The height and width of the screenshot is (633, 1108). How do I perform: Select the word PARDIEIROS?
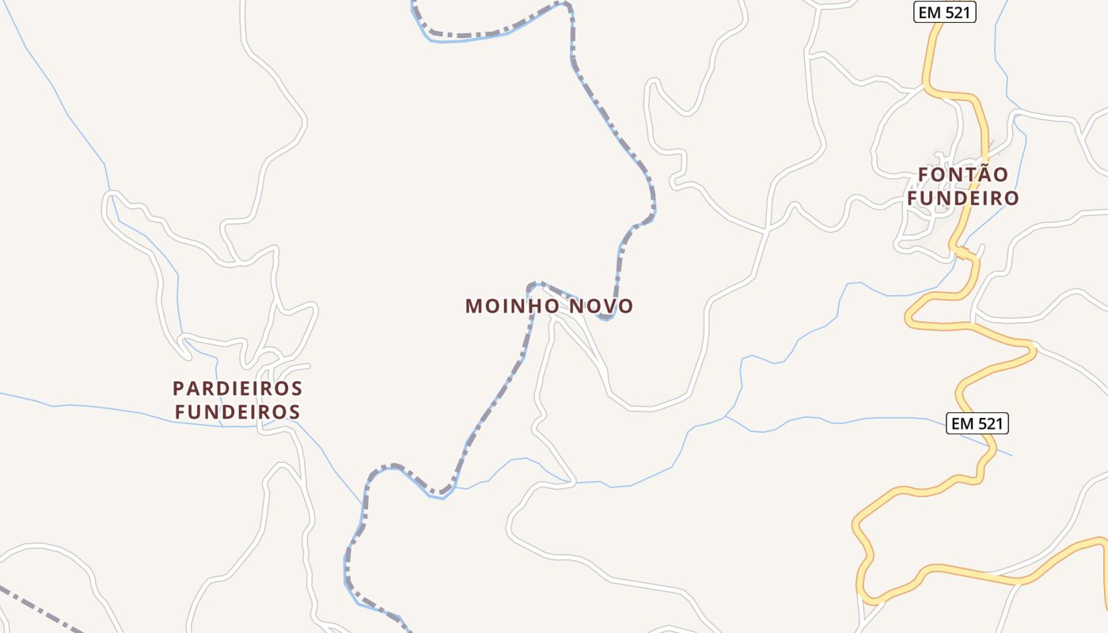238,389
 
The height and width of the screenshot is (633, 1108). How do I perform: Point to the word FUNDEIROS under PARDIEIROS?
238,412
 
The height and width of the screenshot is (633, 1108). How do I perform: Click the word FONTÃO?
963,174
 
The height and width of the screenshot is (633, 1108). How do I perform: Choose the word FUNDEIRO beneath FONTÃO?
963,198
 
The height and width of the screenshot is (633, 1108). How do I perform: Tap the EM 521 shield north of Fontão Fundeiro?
944,12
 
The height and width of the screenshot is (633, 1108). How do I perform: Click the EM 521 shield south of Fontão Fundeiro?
977,423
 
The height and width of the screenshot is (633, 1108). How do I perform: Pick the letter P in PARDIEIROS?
178,389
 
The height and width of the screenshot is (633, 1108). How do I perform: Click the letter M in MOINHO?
473,306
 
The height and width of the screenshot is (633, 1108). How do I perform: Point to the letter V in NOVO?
609,306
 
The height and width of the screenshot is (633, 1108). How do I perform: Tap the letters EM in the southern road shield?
962,423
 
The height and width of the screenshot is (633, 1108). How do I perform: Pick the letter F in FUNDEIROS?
180,412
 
